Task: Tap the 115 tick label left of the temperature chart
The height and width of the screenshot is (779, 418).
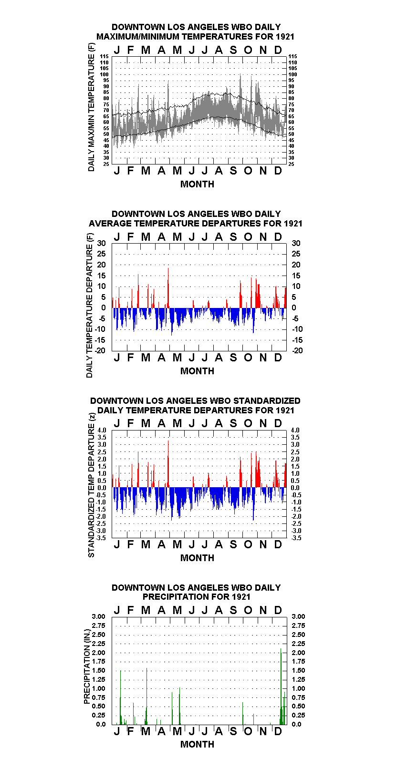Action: tap(104, 56)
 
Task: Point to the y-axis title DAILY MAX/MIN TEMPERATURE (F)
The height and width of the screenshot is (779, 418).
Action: tap(91, 107)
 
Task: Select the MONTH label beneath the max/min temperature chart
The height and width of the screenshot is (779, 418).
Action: tap(197, 184)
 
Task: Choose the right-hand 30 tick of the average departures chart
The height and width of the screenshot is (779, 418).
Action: tap(296, 243)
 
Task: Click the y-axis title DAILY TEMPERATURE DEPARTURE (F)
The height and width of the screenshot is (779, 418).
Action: tap(89, 305)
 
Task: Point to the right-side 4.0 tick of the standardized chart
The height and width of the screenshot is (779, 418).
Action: tap(295, 430)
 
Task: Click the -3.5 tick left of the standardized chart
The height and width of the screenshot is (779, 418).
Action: tap(101, 538)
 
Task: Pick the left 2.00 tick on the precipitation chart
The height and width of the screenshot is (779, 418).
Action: tap(98, 653)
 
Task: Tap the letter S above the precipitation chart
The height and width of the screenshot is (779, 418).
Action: tap(233, 610)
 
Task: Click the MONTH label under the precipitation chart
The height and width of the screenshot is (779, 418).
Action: tap(197, 744)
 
